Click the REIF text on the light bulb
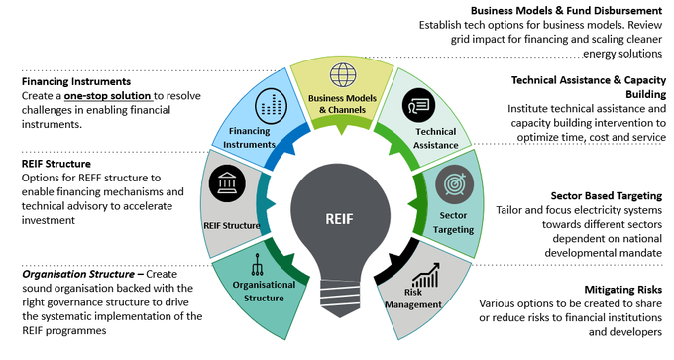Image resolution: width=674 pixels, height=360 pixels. coord(339,219)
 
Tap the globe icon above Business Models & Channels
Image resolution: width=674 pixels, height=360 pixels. coord(343,75)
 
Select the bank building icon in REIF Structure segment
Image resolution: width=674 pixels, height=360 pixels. coord(227,183)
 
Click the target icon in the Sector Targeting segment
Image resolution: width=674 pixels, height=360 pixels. coord(454,184)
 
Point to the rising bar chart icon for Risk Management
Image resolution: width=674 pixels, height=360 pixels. coord(425,276)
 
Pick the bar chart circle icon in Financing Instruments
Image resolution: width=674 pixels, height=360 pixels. coord(271,106)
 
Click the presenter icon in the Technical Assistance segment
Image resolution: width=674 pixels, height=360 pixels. coord(418,105)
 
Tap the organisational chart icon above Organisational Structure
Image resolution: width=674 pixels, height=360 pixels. coord(257,264)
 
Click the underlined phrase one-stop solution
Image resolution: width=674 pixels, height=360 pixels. coord(108,95)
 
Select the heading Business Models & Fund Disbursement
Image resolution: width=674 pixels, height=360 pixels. coord(566,10)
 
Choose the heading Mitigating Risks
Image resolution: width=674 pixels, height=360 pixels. coord(622,290)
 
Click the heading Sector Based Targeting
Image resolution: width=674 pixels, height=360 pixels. coord(606,196)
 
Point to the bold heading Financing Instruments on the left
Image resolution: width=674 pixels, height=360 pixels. coord(76,81)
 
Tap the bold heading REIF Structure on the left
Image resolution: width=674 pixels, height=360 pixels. coord(56,164)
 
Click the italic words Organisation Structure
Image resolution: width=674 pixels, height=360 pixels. coord(78,274)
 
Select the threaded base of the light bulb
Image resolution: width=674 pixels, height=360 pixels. coord(340,298)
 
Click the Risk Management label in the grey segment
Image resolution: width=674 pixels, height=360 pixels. coord(413,299)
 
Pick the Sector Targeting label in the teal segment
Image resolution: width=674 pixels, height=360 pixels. coord(453,223)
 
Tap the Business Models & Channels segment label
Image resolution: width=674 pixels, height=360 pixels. coord(342,104)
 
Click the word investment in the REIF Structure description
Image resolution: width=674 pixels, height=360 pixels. coord(49,220)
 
